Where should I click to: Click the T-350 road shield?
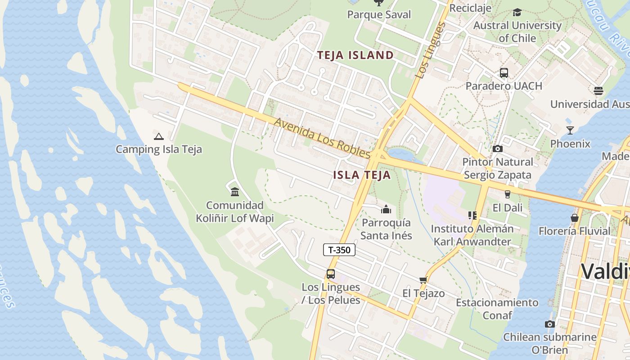pos(339,250)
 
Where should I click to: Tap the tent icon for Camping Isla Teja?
pos(158,136)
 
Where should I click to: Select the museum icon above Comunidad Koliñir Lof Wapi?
pos(234,192)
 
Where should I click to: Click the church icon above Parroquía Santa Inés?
pos(386,209)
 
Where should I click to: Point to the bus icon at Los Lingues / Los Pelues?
pos(331,274)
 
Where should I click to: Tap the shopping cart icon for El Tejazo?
pos(423,280)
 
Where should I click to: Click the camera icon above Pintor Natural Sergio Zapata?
pos(497,148)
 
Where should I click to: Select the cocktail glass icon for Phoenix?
pos(570,130)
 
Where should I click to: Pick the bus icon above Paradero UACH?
pos(504,72)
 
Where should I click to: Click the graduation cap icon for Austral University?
pos(517,12)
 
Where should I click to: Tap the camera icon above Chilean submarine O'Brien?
pos(549,324)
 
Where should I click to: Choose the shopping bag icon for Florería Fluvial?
pos(574,218)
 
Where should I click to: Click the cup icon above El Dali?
pos(508,194)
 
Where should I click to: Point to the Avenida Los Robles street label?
pos(322,138)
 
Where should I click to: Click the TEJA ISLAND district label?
pos(355,55)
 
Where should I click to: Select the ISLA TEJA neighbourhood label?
pos(362,175)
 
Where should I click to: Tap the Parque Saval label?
pos(379,14)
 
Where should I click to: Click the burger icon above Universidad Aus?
pos(598,91)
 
